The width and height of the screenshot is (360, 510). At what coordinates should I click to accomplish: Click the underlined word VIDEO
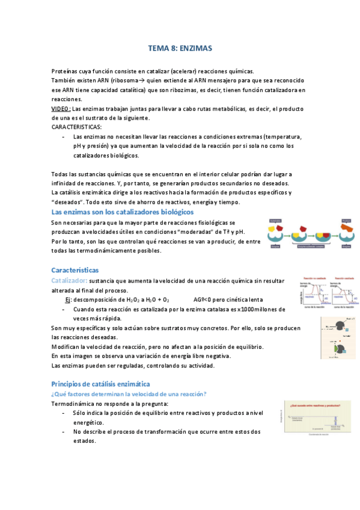[x=61, y=109]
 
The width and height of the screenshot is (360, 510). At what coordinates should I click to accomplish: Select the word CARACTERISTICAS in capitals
[x=77, y=127]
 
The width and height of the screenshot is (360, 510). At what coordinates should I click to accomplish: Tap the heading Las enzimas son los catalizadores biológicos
[x=123, y=212]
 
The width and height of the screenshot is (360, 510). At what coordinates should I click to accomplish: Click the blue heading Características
[x=75, y=271]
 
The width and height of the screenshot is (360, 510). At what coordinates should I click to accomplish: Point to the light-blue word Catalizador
[x=70, y=281]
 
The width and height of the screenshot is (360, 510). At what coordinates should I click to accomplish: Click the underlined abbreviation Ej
[x=69, y=300]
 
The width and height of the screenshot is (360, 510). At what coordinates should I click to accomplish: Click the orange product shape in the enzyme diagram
[x=346, y=228]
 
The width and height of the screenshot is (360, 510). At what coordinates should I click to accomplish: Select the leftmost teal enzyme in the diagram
[x=275, y=239]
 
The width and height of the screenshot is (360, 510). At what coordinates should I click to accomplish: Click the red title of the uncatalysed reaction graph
[x=314, y=278]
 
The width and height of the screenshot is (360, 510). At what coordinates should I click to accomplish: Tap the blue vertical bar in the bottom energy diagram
[x=331, y=421]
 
